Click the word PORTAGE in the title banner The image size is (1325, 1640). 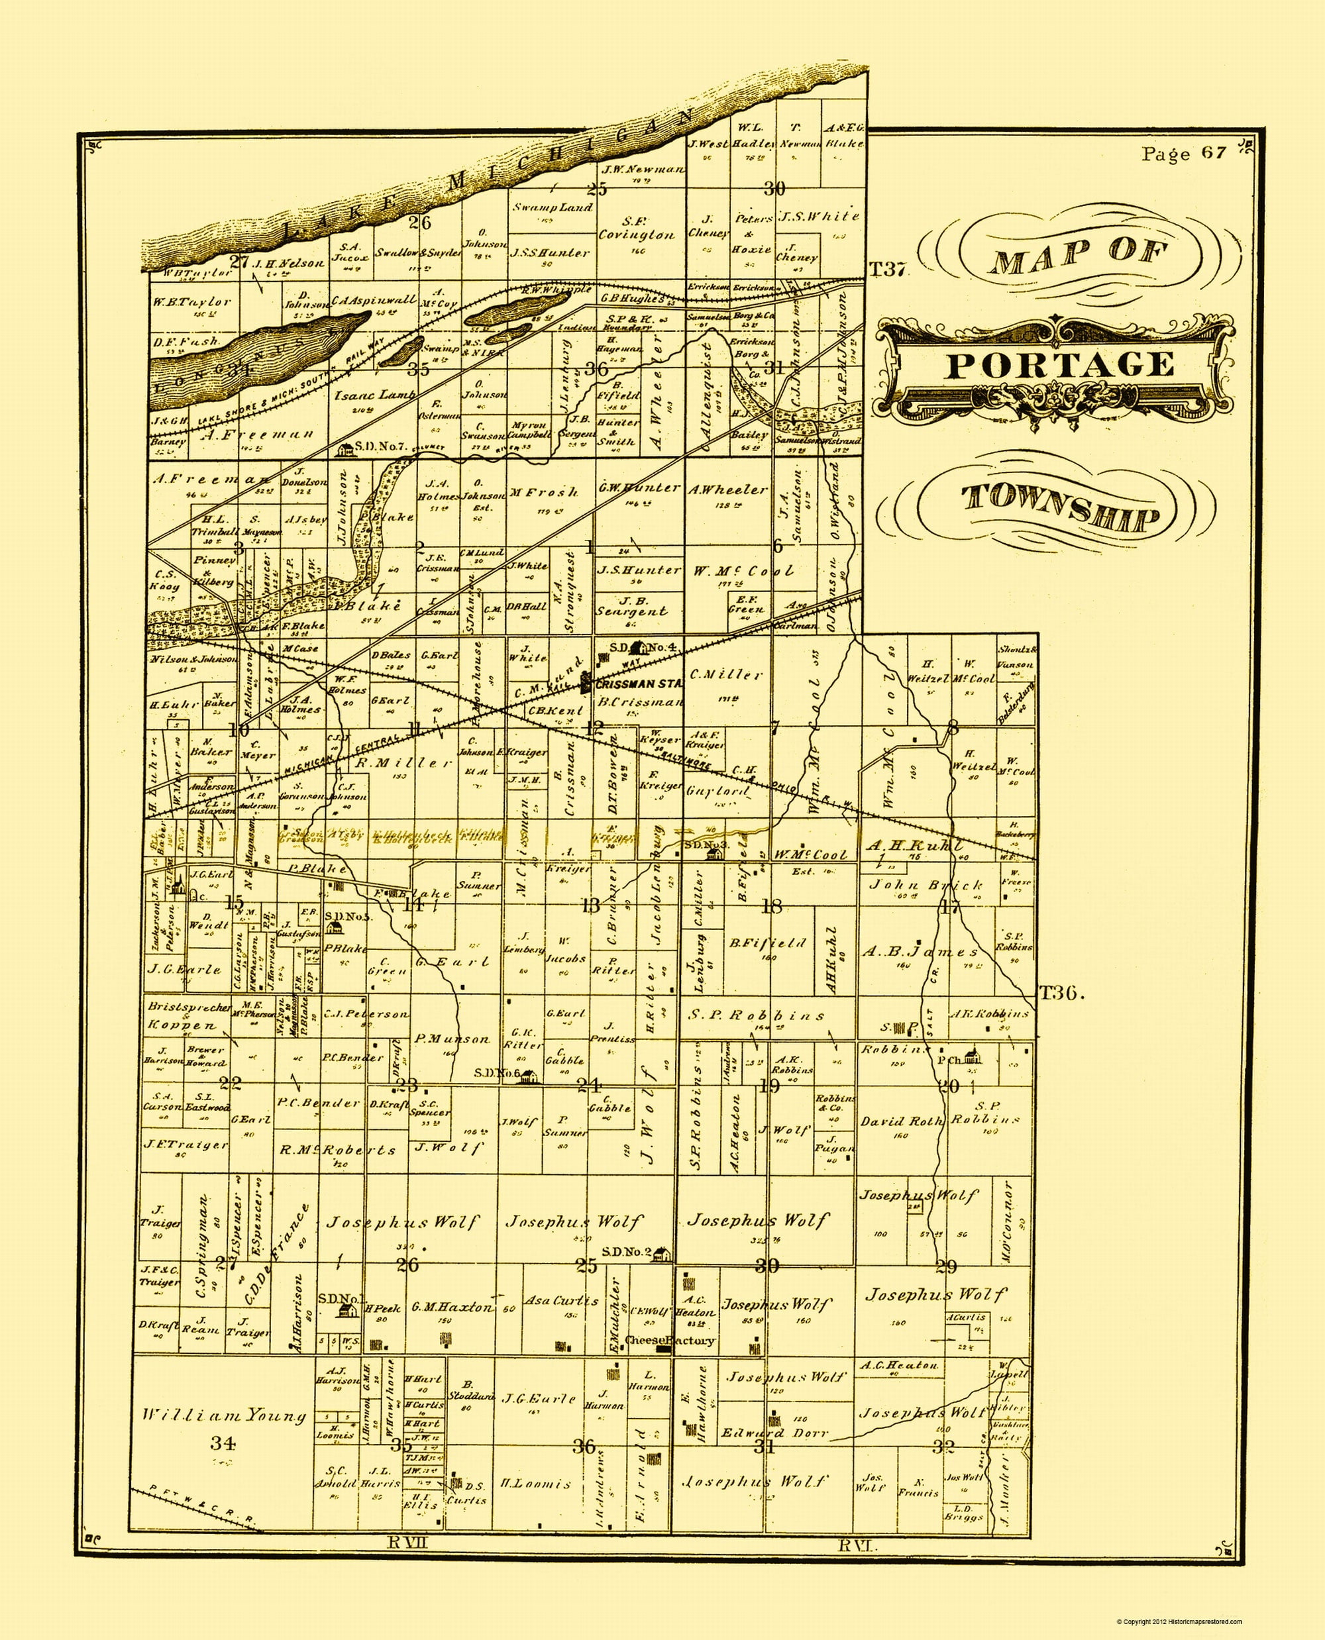coord(1059,365)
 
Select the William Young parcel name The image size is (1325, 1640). coord(225,1415)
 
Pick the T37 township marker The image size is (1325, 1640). coord(887,269)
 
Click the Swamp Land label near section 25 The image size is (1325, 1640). coord(552,207)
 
